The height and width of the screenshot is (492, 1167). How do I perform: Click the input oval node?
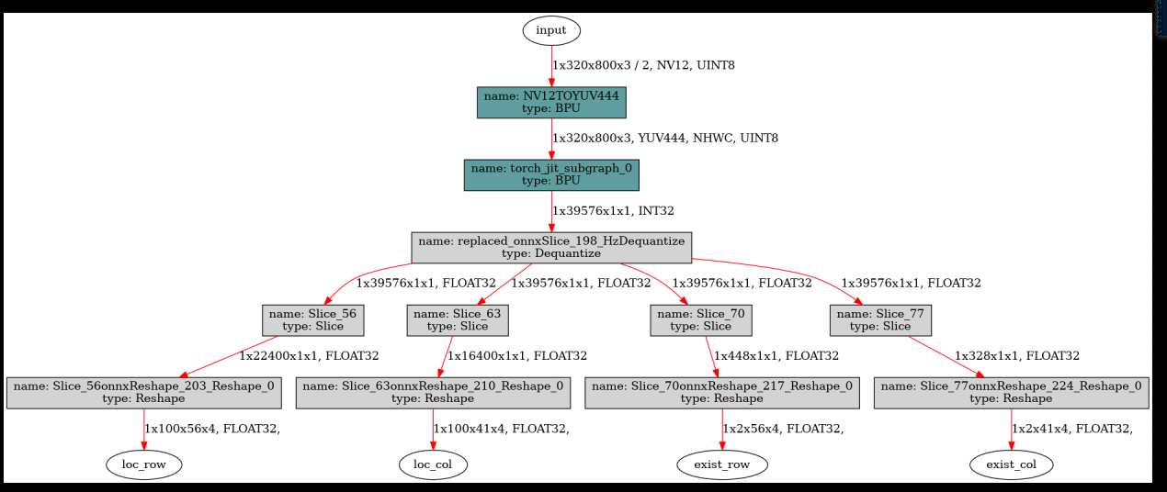click(551, 30)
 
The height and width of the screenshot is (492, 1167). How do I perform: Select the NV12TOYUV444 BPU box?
click(551, 102)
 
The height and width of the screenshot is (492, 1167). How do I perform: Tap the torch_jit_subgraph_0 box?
click(551, 174)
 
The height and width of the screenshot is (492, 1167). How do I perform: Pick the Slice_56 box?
click(313, 319)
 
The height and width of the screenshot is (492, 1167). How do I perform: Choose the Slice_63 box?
click(457, 319)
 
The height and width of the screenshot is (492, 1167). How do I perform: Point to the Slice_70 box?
click(700, 319)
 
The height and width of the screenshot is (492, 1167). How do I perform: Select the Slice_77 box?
click(880, 319)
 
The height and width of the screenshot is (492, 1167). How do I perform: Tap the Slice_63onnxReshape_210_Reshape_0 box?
click(433, 392)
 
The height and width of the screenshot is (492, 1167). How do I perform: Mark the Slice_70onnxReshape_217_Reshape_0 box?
click(722, 392)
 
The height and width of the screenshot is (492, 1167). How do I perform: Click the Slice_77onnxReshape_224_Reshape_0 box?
click(1011, 392)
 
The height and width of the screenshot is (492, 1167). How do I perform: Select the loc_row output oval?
click(144, 464)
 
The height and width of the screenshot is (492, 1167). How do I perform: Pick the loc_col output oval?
click(434, 464)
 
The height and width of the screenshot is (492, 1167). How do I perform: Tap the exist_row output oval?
click(722, 464)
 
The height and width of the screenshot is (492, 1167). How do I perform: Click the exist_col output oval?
click(1011, 464)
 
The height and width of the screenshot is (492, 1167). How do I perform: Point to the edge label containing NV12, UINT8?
click(643, 66)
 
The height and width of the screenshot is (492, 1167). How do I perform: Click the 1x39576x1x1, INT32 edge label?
click(613, 211)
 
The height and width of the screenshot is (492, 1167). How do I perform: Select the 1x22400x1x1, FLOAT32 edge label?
click(309, 356)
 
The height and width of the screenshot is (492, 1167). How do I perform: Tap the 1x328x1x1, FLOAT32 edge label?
click(1017, 356)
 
